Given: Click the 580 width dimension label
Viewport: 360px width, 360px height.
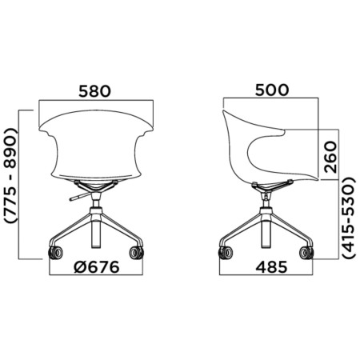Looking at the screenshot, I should [94, 90].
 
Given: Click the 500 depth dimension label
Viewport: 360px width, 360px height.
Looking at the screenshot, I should [271, 90].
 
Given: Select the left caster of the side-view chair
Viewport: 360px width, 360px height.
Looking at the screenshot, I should [225, 254].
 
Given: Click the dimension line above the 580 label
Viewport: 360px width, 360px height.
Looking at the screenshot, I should [94, 101].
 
